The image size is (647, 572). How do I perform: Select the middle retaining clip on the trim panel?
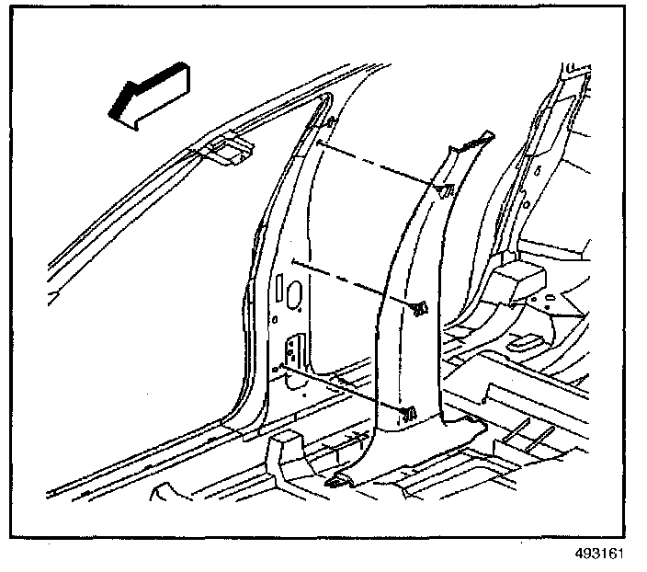[x=420, y=307]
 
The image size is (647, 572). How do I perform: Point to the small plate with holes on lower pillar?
[x=293, y=350]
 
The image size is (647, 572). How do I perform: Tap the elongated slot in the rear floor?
[x=523, y=342]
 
